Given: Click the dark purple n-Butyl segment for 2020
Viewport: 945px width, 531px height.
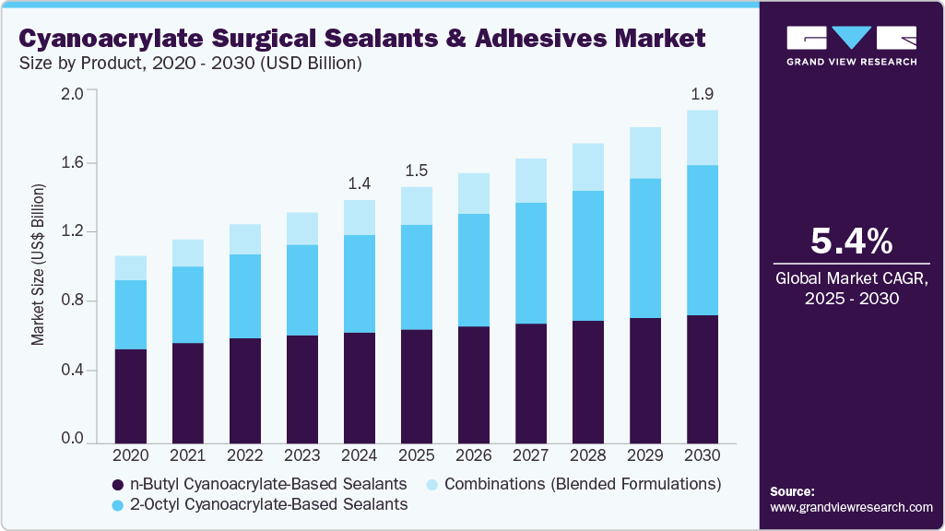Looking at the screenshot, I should click(x=131, y=395).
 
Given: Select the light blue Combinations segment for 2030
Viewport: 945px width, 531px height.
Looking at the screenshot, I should click(x=703, y=138).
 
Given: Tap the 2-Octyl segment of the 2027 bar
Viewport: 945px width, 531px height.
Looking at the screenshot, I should click(x=531, y=263).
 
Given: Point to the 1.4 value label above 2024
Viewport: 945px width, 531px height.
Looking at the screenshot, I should click(x=360, y=183).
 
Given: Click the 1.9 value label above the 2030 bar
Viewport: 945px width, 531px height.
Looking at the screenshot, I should click(x=703, y=94).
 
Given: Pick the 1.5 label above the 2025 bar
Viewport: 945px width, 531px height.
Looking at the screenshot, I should click(x=417, y=171).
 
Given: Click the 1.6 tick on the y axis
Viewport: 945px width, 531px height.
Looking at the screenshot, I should click(x=72, y=162).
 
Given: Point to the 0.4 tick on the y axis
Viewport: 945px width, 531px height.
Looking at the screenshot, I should click(x=72, y=371).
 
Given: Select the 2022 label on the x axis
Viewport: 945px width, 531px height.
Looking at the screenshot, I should click(x=245, y=454).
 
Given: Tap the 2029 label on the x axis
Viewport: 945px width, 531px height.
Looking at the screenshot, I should click(x=645, y=454).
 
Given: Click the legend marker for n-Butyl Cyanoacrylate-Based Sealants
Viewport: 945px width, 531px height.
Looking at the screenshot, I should click(x=117, y=485).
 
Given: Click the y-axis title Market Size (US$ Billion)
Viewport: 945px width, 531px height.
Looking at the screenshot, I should click(x=38, y=265).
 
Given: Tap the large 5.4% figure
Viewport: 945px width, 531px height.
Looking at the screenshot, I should click(x=851, y=242).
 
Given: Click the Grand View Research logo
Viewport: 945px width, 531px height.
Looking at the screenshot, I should click(x=851, y=44).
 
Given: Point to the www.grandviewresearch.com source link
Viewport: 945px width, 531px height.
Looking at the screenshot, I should click(x=851, y=507).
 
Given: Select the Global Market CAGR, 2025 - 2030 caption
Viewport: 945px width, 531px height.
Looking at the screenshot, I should click(x=851, y=288).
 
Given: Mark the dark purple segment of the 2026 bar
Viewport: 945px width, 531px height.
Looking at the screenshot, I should click(x=474, y=383).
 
